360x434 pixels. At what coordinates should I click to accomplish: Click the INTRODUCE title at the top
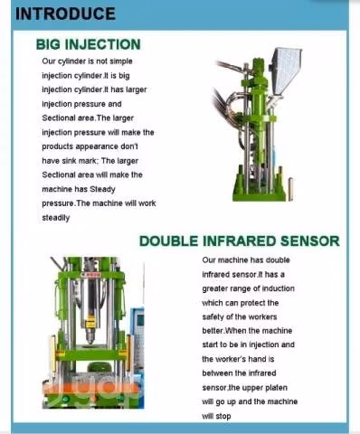pos(65,14)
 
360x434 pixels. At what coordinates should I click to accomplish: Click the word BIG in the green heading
pos(48,44)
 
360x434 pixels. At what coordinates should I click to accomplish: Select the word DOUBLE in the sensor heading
pos(169,241)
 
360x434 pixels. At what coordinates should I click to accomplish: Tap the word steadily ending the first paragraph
pos(56,218)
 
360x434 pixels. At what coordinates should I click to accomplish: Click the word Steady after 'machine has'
pos(102,189)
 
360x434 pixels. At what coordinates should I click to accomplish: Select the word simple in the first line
pos(120,61)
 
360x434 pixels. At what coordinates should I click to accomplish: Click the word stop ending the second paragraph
pos(223,416)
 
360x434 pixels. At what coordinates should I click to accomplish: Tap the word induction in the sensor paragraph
pos(278,288)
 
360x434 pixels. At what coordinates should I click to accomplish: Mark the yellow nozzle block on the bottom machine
pos(90,324)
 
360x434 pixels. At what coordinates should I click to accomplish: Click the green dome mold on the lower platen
pos(97,368)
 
